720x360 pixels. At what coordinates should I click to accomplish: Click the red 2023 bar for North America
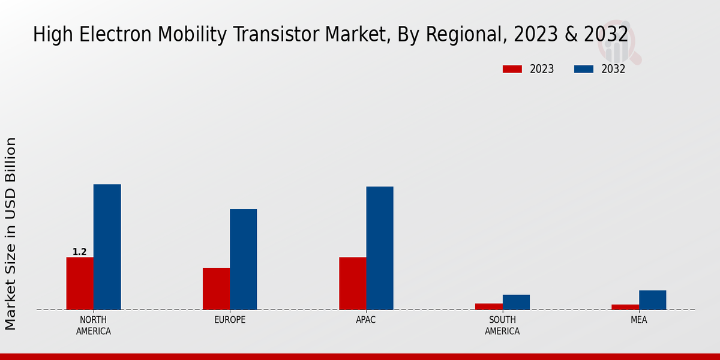click(80, 283)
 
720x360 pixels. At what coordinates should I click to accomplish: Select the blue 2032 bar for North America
click(107, 247)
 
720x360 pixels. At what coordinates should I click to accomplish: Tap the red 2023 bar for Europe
click(216, 289)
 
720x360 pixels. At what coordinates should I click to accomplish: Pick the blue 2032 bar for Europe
click(243, 259)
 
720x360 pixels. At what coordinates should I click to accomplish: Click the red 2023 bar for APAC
click(352, 283)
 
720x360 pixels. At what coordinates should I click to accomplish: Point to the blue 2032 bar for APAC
click(380, 248)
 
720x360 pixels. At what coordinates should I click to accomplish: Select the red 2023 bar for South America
click(488, 307)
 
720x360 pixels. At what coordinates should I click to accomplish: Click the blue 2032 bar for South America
click(516, 302)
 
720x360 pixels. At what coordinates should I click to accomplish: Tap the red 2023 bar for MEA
click(625, 307)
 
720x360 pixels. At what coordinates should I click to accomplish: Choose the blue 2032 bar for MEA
click(652, 300)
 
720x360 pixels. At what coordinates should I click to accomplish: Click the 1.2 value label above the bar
click(80, 252)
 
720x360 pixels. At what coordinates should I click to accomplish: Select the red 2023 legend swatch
click(512, 69)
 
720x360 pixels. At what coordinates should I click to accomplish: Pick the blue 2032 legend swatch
click(583, 69)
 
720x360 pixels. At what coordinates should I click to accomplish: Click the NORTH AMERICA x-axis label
click(94, 325)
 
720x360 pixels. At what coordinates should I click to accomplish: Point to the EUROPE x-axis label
click(230, 320)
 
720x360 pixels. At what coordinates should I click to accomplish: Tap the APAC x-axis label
click(366, 320)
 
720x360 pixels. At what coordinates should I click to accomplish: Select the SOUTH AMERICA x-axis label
click(502, 325)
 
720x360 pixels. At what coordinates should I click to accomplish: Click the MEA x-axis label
click(638, 320)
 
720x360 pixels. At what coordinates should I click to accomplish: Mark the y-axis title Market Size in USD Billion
click(11, 233)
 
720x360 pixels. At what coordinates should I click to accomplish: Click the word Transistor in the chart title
click(280, 35)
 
